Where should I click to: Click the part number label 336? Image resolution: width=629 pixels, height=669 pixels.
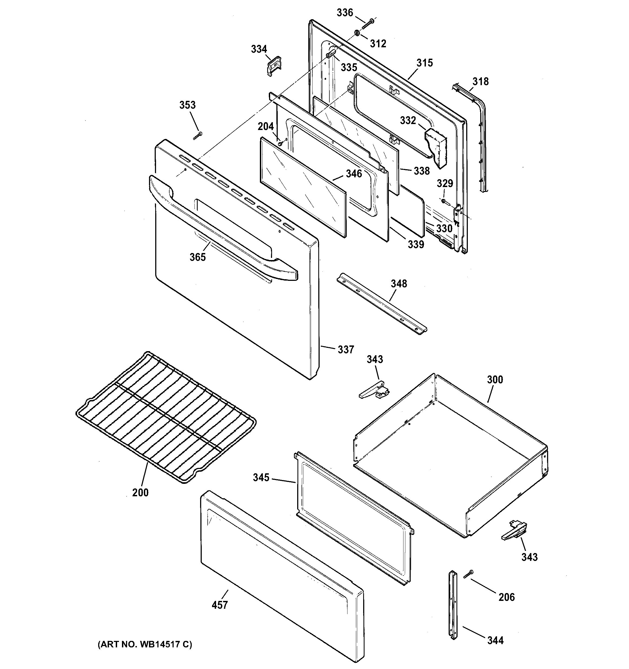[345, 13]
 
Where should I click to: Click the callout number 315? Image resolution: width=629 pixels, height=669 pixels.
[425, 63]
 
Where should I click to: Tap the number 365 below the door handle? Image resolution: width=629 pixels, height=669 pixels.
[197, 257]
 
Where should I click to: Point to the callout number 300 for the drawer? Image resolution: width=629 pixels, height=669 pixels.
[495, 380]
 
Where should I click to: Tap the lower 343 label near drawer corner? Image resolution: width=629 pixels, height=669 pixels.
[529, 557]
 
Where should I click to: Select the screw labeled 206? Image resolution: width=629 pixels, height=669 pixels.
[468, 574]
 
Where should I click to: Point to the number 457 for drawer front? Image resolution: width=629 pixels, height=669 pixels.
[220, 605]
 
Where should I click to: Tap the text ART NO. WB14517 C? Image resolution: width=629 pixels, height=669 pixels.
[145, 644]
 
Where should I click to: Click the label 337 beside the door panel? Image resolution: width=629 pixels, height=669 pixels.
[346, 350]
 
